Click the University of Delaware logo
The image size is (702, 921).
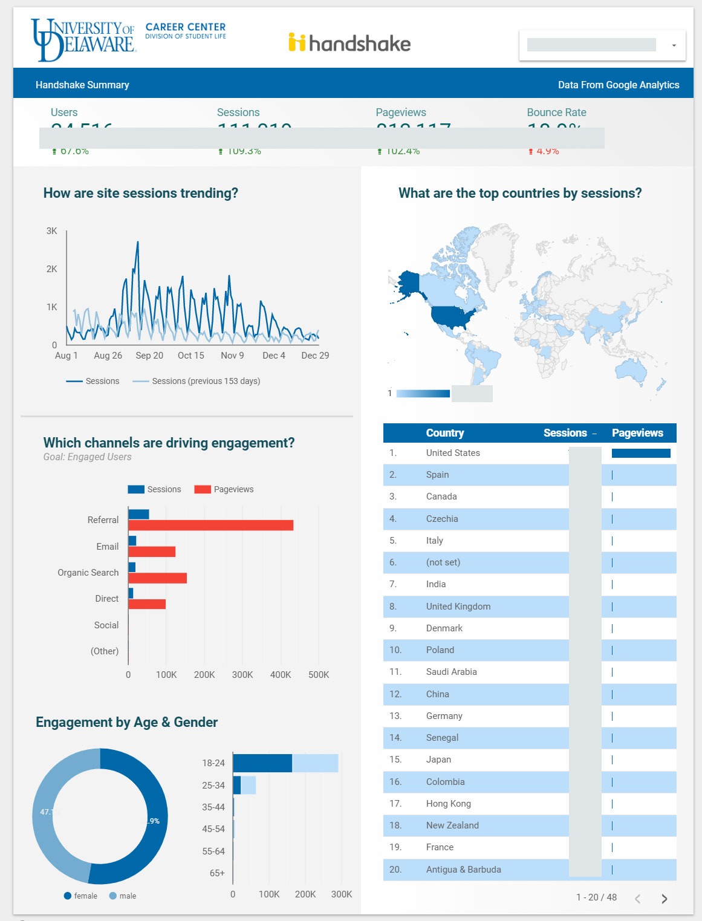click(x=83, y=40)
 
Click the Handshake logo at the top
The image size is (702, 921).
click(x=349, y=43)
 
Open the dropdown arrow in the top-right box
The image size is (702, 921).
click(x=674, y=45)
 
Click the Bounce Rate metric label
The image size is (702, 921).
click(x=556, y=112)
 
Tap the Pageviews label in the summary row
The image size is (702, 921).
click(x=400, y=112)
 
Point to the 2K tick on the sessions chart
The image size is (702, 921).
click(x=52, y=269)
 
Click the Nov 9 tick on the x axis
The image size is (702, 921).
click(x=232, y=356)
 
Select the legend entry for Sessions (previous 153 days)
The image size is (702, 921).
click(x=206, y=381)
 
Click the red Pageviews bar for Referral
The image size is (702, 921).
click(x=210, y=526)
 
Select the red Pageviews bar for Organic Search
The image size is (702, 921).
click(x=157, y=578)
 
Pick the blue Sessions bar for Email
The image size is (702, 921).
click(x=132, y=541)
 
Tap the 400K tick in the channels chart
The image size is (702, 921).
click(x=281, y=675)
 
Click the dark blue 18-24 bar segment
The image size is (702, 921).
click(x=262, y=763)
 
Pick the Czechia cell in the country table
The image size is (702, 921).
click(x=442, y=519)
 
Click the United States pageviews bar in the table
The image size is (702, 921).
click(x=641, y=453)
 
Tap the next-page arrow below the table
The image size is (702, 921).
click(x=665, y=899)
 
